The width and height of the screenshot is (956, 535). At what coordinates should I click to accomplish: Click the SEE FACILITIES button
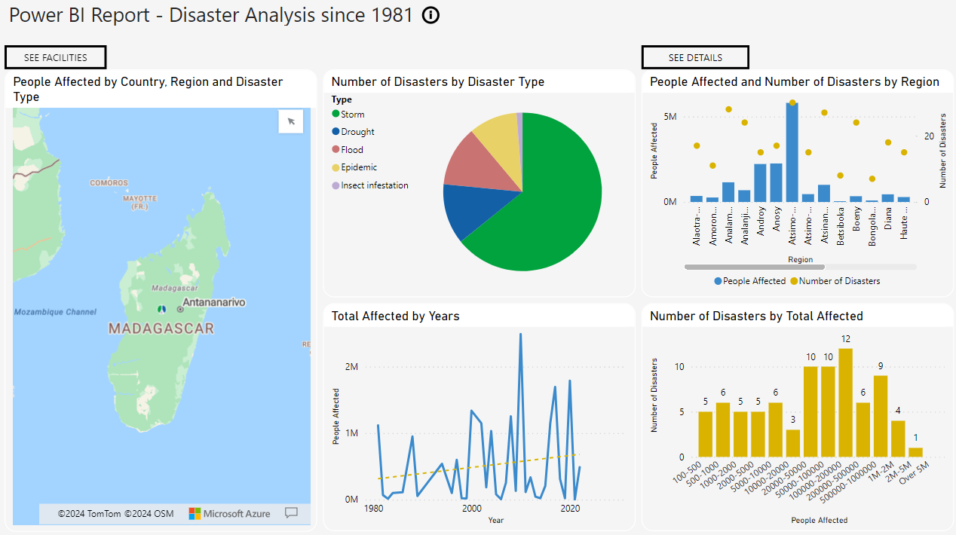coord(55,57)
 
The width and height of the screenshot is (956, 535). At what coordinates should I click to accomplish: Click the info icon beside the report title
coord(431,15)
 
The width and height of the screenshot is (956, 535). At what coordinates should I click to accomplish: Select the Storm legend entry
coord(352,115)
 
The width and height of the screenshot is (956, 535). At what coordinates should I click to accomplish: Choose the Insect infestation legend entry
coord(374,185)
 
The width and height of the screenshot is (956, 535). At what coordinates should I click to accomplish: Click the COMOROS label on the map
coord(109,183)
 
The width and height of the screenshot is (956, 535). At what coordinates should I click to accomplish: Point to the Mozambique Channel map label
coord(55,312)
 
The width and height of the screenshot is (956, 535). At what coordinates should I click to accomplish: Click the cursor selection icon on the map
coord(291,121)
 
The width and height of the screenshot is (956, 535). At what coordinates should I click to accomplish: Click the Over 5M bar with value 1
coord(915,452)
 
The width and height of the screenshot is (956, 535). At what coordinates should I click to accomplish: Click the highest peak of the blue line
coord(520,334)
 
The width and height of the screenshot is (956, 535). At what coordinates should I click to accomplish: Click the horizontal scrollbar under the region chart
coord(754,267)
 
